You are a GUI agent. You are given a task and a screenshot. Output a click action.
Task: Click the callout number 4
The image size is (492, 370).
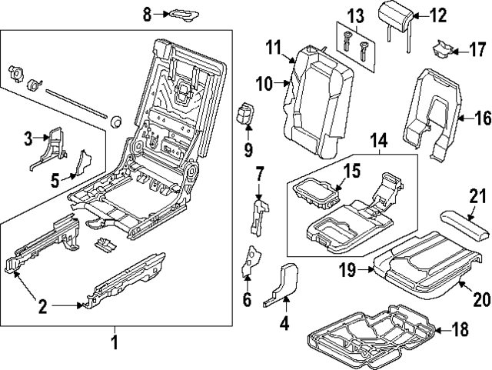[x=284, y=324]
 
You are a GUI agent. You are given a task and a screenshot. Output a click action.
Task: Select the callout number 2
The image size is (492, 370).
[x=43, y=307]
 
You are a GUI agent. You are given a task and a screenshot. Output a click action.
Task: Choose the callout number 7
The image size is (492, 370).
[x=260, y=173]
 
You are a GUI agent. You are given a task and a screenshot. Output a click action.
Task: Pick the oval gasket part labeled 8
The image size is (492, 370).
[x=181, y=13]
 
